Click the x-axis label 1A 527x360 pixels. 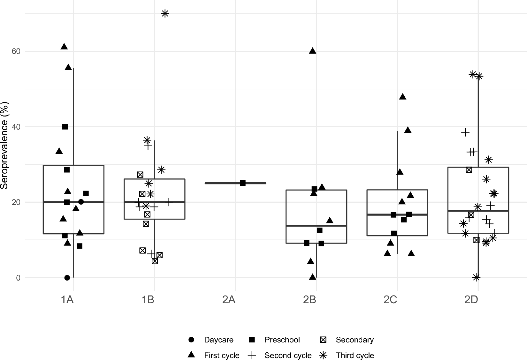(x=67, y=300)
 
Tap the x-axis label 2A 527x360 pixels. (x=229, y=300)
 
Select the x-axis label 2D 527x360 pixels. (x=471, y=300)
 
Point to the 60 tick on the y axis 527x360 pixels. (x=16, y=51)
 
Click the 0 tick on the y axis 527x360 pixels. (x=18, y=278)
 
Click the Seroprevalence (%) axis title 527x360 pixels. (x=4, y=146)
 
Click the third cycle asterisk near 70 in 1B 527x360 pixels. (x=165, y=13)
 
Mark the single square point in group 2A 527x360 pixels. (x=243, y=183)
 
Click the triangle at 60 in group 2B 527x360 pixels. (x=313, y=51)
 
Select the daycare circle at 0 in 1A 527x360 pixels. (x=67, y=278)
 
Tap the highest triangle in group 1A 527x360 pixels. (x=64, y=47)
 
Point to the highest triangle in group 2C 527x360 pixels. (x=403, y=97)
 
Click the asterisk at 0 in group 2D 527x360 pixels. (x=476, y=277)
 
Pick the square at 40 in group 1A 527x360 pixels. (x=65, y=127)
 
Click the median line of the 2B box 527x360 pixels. (x=316, y=226)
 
